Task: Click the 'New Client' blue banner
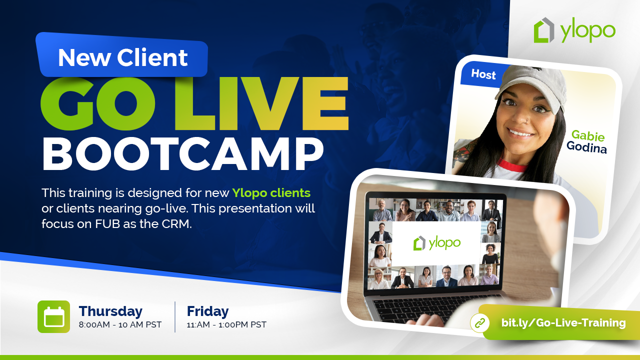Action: click(122, 57)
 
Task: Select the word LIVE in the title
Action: click(260, 104)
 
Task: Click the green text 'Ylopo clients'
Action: click(271, 192)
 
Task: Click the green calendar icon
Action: click(53, 316)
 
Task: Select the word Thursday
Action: click(110, 311)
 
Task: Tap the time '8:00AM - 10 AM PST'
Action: click(120, 325)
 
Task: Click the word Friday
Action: click(207, 311)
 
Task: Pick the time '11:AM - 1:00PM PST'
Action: click(226, 325)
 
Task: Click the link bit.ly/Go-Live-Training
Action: click(563, 323)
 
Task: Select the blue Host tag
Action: click(483, 74)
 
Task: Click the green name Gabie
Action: click(588, 135)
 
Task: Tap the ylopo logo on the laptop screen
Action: click(436, 243)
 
